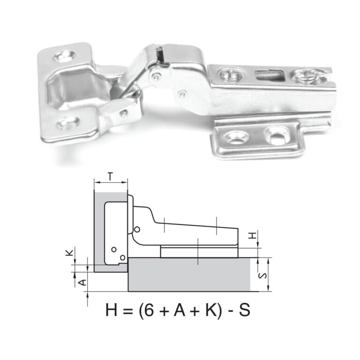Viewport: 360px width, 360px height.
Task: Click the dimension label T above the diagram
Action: (x=110, y=177)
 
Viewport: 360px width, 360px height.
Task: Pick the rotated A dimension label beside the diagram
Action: (x=81, y=282)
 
